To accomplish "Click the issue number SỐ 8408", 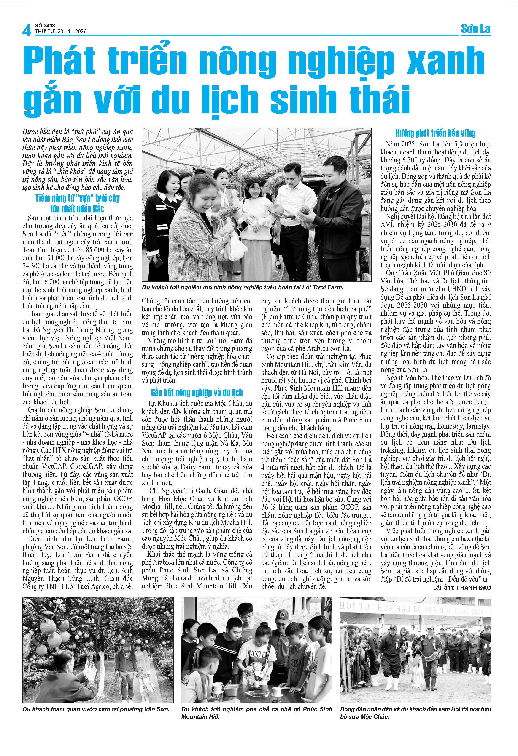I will coord(45,26).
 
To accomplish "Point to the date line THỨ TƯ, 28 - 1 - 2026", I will coord(61,32).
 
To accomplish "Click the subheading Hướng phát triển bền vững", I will coord(435,133).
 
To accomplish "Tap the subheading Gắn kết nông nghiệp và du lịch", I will coord(197,392).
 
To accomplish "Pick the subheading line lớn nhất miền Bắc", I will coord(78,208).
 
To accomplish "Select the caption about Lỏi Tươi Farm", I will coord(243,287).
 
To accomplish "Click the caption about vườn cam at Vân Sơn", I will coord(96,709).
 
